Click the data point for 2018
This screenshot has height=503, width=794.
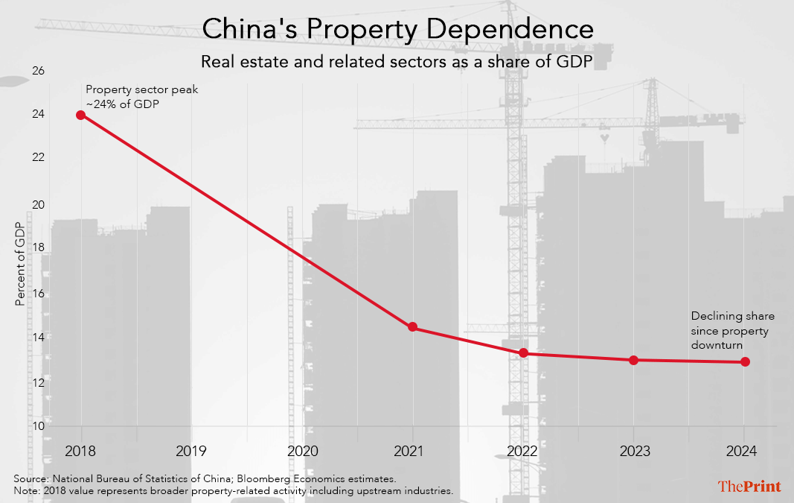[x=80, y=115]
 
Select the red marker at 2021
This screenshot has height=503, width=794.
[x=412, y=327]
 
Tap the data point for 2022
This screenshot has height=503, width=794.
[x=523, y=352]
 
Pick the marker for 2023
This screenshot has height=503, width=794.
[x=633, y=360]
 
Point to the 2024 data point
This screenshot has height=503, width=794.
[x=744, y=361]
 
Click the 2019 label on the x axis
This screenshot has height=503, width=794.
[x=191, y=451]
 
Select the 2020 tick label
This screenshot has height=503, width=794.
[x=302, y=451]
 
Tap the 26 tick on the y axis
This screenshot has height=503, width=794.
[x=38, y=72]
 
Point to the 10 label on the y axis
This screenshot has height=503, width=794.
[x=38, y=426]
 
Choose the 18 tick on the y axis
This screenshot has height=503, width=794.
[x=38, y=248]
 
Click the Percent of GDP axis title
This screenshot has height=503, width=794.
[x=21, y=265]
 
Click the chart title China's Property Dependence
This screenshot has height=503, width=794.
[x=397, y=30]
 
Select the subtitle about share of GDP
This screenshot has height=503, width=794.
[x=397, y=62]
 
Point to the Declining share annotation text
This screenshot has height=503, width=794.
[x=732, y=332]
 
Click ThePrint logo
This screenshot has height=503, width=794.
[x=749, y=487]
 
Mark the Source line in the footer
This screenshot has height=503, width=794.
[x=205, y=478]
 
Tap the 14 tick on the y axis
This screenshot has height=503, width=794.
[x=38, y=337]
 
